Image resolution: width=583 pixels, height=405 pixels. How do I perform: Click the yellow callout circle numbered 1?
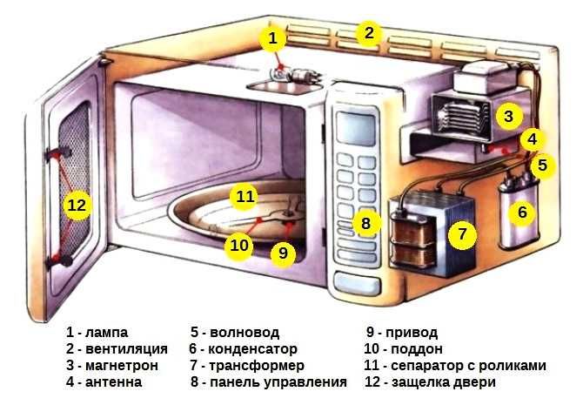pyautogui.click(x=272, y=38)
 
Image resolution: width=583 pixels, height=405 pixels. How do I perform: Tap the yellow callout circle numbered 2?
pyautogui.click(x=369, y=34)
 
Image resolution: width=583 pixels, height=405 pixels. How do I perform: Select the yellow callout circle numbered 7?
pyautogui.click(x=464, y=234)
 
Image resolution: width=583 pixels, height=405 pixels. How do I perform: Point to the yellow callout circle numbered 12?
pyautogui.click(x=77, y=206)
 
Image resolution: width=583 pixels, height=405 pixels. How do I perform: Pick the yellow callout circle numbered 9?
pyautogui.click(x=280, y=253)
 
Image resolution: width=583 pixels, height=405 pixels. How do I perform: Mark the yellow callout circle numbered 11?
pyautogui.click(x=246, y=197)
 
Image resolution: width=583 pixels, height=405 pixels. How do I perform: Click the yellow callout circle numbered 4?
pyautogui.click(x=533, y=138)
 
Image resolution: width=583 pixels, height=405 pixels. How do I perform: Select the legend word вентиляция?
pyautogui.click(x=125, y=349)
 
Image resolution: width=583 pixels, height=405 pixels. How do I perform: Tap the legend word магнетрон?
pyautogui.click(x=121, y=365)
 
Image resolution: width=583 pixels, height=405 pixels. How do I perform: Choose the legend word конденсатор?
pyautogui.click(x=256, y=349)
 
